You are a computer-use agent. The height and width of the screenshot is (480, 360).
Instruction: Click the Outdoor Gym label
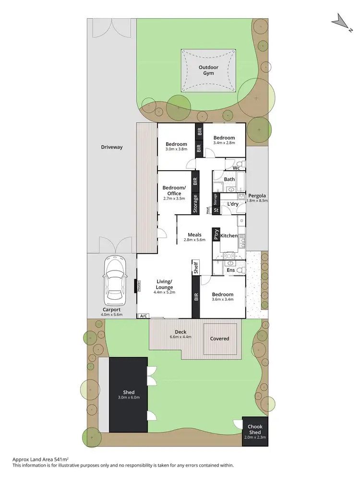[208, 70]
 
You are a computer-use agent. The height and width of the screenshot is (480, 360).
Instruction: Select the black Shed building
[128, 395]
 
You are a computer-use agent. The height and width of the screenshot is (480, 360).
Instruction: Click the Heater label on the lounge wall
[139, 285]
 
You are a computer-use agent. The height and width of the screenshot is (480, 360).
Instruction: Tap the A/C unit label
[143, 316]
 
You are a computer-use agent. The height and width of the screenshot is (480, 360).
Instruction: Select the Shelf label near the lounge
[195, 268]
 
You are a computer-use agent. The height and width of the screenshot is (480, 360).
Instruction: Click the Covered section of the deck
[220, 339]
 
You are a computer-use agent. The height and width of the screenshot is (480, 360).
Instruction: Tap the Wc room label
[236, 168]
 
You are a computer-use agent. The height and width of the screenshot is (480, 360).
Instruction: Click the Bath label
[229, 179]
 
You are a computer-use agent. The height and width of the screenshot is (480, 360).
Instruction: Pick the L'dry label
[233, 204]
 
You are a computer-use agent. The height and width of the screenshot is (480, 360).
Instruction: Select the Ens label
[231, 270]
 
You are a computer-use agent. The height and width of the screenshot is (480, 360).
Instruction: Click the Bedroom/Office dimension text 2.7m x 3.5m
[174, 198]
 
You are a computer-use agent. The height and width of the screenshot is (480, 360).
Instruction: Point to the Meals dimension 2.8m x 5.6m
[194, 240]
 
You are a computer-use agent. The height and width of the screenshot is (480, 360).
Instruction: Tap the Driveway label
[112, 147]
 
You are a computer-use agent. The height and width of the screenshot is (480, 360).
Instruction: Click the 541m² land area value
[61, 459]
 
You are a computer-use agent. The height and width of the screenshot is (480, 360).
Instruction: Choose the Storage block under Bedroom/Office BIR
[195, 203]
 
